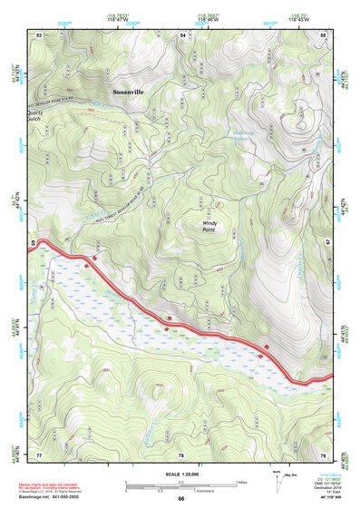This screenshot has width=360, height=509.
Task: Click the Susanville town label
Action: (x=128, y=92)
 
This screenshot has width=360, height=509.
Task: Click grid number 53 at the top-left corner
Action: (x=39, y=34)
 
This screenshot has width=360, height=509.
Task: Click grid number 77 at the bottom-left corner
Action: (x=39, y=454)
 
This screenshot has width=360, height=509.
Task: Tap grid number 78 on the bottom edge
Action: (x=181, y=454)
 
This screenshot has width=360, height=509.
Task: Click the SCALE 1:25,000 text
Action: (x=180, y=474)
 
